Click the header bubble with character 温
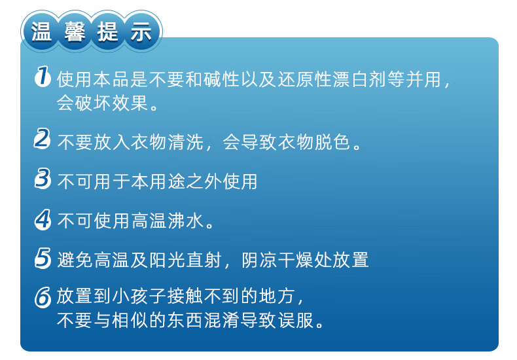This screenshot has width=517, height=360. tap(41, 32)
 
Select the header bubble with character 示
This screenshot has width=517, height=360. tap(140, 32)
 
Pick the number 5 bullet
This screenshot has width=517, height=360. tap(42, 259)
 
